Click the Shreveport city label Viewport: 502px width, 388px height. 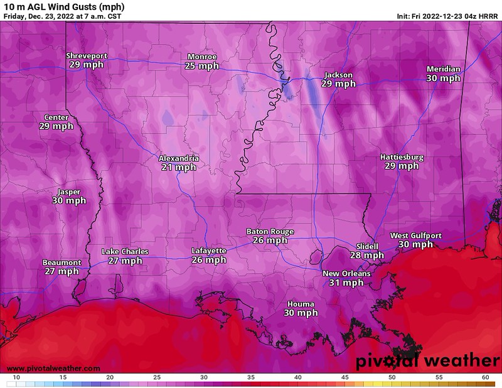[87, 56]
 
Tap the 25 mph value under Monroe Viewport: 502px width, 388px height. [203, 65]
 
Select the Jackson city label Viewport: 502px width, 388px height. [338, 75]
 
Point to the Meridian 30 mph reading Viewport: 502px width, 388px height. [443, 78]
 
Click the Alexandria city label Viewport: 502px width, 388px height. [179, 159]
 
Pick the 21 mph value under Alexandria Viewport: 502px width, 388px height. [179, 168]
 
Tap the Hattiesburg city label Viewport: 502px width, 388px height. [402, 157]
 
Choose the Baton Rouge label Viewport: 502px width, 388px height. [270, 232]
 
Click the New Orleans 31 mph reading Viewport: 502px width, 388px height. [346, 283]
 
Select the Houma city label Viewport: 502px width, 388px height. [301, 304]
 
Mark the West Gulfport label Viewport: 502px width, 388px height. [415, 235]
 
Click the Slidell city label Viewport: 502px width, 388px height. [367, 246]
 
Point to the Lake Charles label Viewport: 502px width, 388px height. [125, 252]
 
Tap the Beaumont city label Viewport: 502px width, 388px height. [61, 262]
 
